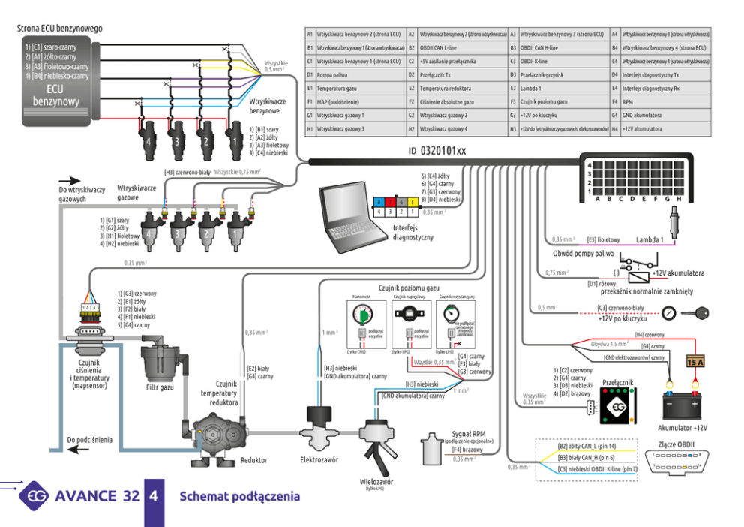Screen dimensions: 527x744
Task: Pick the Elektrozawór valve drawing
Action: (320, 429)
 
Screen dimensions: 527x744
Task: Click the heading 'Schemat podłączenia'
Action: (239, 496)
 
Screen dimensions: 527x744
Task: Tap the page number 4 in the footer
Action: (153, 496)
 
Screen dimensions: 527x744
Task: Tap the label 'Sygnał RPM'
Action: (469, 433)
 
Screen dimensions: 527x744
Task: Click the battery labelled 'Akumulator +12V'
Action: (679, 406)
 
